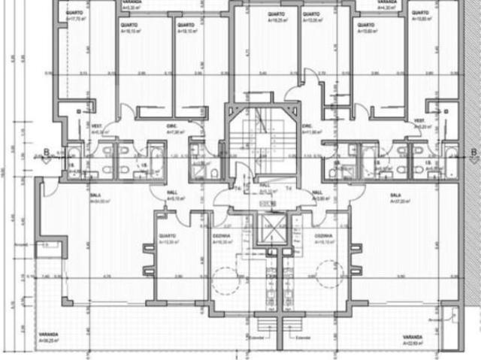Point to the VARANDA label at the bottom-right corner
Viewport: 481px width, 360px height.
(x=412, y=336)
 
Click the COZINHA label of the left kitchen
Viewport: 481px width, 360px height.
(x=222, y=235)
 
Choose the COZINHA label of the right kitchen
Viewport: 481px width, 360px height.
(x=324, y=235)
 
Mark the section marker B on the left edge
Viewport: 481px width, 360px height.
(x=46, y=153)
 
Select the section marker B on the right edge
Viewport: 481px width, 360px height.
(x=473, y=153)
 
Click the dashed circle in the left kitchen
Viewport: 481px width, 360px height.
(x=223, y=280)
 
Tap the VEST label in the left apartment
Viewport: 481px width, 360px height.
(x=96, y=126)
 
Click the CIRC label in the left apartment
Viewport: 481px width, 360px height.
(x=171, y=126)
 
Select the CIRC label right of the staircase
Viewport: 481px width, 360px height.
(x=307, y=126)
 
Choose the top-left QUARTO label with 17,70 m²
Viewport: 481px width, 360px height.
(x=74, y=14)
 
